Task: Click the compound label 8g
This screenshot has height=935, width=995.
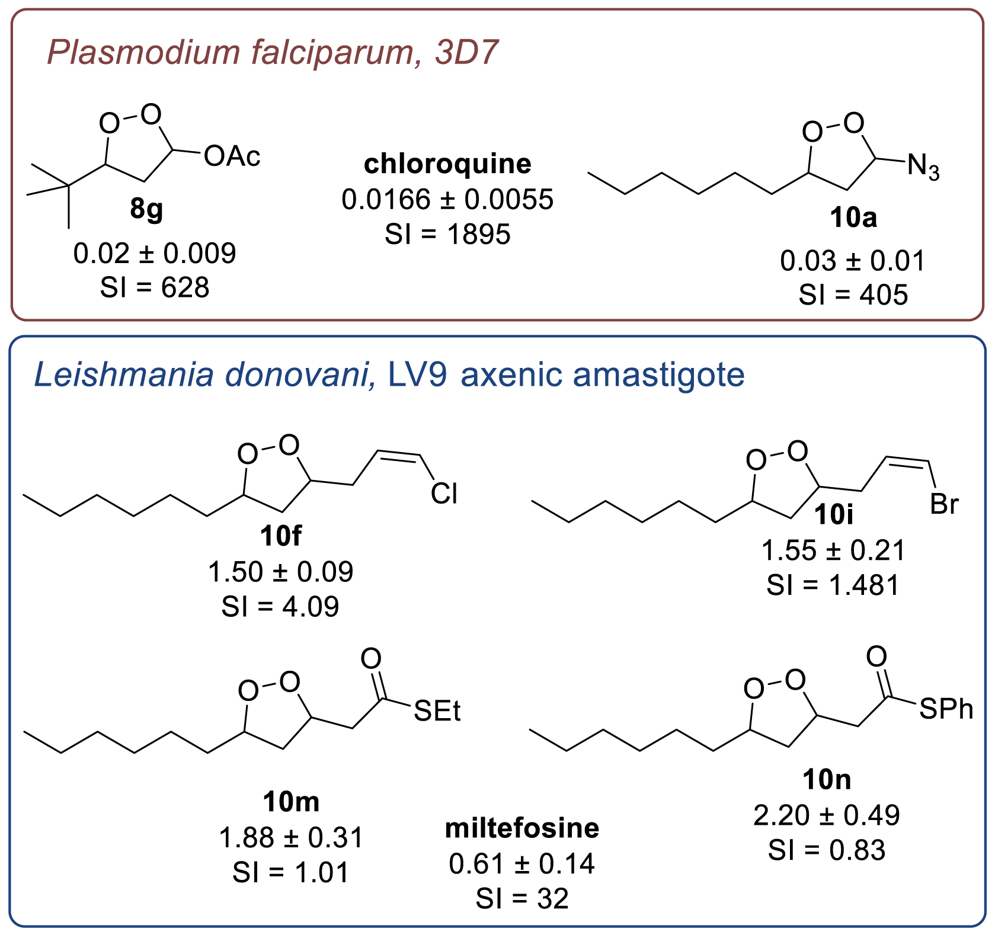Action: pos(146,210)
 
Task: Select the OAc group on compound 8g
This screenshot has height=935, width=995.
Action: pos(232,157)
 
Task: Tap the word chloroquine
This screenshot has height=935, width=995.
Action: pos(447,164)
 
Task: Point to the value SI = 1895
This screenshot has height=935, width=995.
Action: pos(447,234)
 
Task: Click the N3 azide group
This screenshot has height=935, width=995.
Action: pos(923,166)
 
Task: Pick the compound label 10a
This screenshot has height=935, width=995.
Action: pos(853,218)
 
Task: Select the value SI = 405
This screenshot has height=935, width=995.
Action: pos(853,294)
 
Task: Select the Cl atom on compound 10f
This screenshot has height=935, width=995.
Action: pos(444,494)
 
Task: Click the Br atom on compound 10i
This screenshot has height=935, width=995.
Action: pos(945,504)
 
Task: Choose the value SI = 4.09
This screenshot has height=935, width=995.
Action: pos(280,607)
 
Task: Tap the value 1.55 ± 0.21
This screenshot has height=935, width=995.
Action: pos(833,550)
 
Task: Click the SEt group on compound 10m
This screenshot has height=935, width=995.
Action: pos(437,711)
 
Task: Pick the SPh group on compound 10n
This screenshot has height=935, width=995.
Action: pos(946,709)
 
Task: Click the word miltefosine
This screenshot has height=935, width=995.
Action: pos(522,828)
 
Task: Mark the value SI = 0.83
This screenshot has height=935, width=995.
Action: pos(827,850)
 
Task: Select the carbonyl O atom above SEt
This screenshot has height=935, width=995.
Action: pos(371,658)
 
